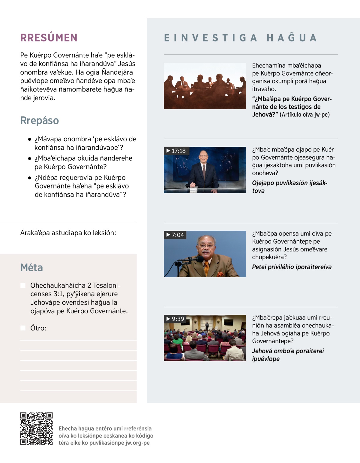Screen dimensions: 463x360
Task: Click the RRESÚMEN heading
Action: (49, 38)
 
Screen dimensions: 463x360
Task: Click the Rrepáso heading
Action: (40, 120)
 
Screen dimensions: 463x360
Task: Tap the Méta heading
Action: (31, 267)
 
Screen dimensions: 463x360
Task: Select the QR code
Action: (36, 428)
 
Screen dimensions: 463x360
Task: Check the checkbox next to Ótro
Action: (23, 328)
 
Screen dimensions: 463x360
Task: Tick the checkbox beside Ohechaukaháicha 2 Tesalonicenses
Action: (23, 285)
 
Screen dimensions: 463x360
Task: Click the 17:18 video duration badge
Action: (176, 151)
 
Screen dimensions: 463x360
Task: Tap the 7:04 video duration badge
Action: (175, 235)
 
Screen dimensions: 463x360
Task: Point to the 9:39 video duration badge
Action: (175, 319)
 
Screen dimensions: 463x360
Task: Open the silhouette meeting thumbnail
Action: (205, 86)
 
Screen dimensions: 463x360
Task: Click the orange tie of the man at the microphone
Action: (206, 268)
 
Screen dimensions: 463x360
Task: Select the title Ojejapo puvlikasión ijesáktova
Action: (289, 187)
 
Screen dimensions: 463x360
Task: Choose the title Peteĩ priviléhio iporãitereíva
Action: (292, 267)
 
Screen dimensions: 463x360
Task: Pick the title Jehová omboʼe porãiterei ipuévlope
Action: (288, 355)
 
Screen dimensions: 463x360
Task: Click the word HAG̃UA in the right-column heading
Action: (292, 38)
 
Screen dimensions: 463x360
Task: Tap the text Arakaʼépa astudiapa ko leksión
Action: (68, 233)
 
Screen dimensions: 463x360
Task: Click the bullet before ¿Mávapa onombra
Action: (29, 139)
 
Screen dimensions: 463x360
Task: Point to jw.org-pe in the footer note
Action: (137, 443)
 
